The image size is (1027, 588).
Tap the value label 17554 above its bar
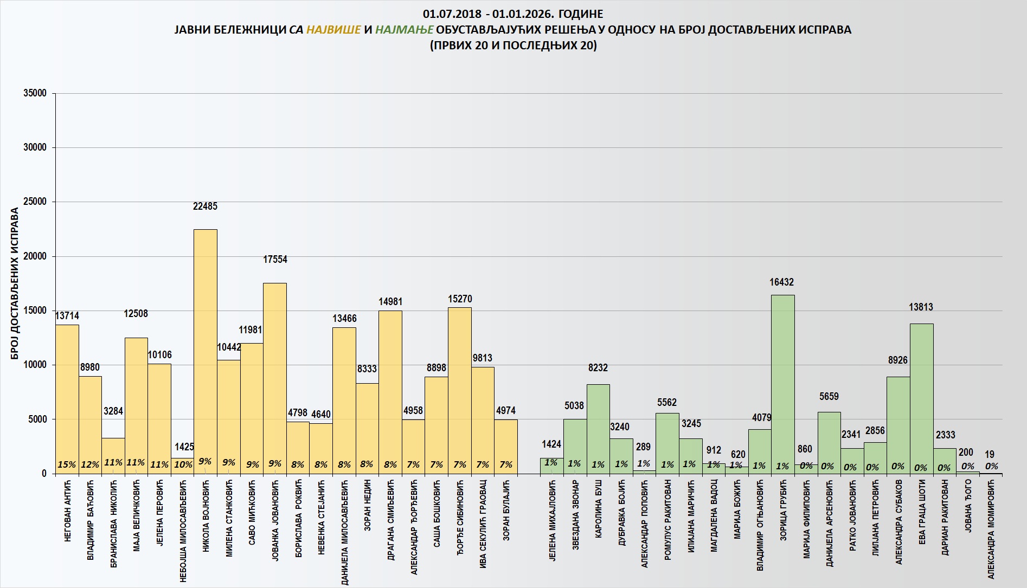pyautogui.click(x=275, y=260)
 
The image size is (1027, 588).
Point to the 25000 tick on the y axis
pyautogui.click(x=35, y=202)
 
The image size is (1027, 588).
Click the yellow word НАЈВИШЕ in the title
pyautogui.click(x=333, y=29)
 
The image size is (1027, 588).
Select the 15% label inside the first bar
pyautogui.click(x=67, y=464)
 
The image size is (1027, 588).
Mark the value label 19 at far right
pyautogui.click(x=990, y=454)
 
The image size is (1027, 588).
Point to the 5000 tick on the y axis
pyautogui.click(x=37, y=419)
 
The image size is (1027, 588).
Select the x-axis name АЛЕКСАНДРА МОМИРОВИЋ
pyautogui.click(x=991, y=529)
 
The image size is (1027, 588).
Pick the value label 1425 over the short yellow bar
pyautogui.click(x=184, y=447)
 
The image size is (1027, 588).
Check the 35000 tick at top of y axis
pyautogui.click(x=35, y=93)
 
